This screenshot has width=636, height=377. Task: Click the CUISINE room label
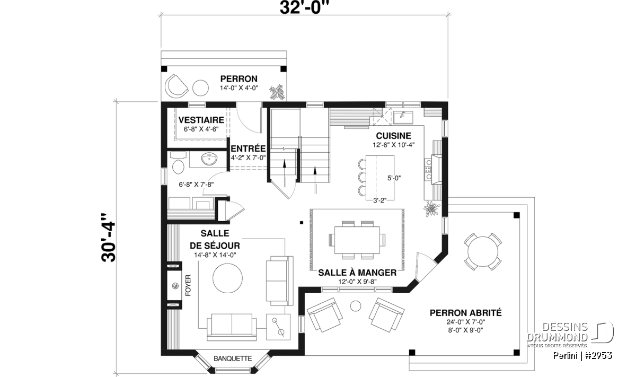(393, 136)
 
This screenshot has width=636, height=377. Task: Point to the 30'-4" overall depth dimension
(108, 238)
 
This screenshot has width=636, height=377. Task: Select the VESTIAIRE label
(201, 120)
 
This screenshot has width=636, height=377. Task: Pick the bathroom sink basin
(209, 159)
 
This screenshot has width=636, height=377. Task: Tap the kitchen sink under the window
(403, 118)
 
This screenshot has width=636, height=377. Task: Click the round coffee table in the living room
(228, 278)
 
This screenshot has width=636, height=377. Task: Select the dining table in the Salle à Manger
(357, 240)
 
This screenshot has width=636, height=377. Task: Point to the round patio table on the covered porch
(483, 251)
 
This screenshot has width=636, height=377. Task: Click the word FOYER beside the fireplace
(188, 285)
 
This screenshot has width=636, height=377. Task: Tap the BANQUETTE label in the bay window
(233, 358)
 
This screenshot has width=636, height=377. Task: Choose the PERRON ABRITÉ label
(466, 313)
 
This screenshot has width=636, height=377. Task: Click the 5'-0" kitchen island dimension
(394, 178)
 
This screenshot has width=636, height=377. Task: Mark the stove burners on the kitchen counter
(428, 170)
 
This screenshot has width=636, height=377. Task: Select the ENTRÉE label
(248, 148)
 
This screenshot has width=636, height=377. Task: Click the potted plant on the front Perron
(277, 92)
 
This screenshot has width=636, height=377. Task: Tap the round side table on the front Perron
(201, 88)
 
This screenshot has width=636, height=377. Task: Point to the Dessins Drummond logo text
(558, 332)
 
